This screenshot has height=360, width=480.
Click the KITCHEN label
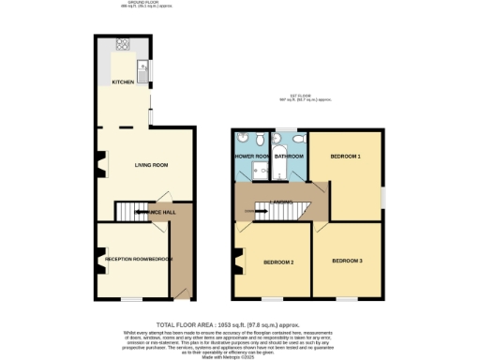123,82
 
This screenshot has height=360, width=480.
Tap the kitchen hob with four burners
123,45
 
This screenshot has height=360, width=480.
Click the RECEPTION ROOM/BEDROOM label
139,259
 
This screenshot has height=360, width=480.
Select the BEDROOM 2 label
279,262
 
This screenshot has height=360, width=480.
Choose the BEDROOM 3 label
347,260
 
